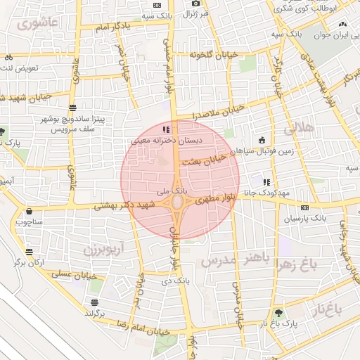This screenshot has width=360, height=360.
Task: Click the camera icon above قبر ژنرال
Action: click(x=195, y=4)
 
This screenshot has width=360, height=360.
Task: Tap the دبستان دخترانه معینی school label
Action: click(x=163, y=141)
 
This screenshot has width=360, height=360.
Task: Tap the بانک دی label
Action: click(x=172, y=281)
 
